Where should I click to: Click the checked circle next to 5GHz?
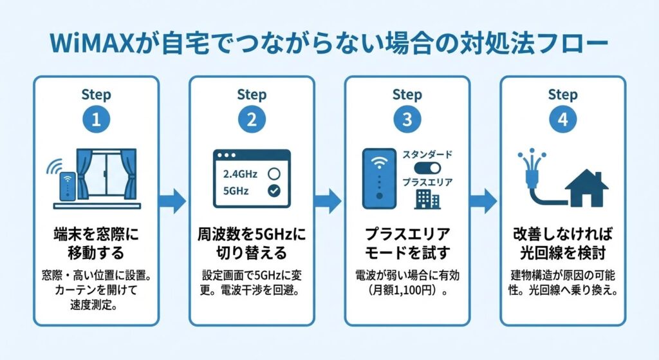(273, 191)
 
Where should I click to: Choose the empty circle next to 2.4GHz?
(273, 173)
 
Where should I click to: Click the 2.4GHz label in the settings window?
(240, 173)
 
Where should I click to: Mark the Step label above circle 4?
(562, 95)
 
